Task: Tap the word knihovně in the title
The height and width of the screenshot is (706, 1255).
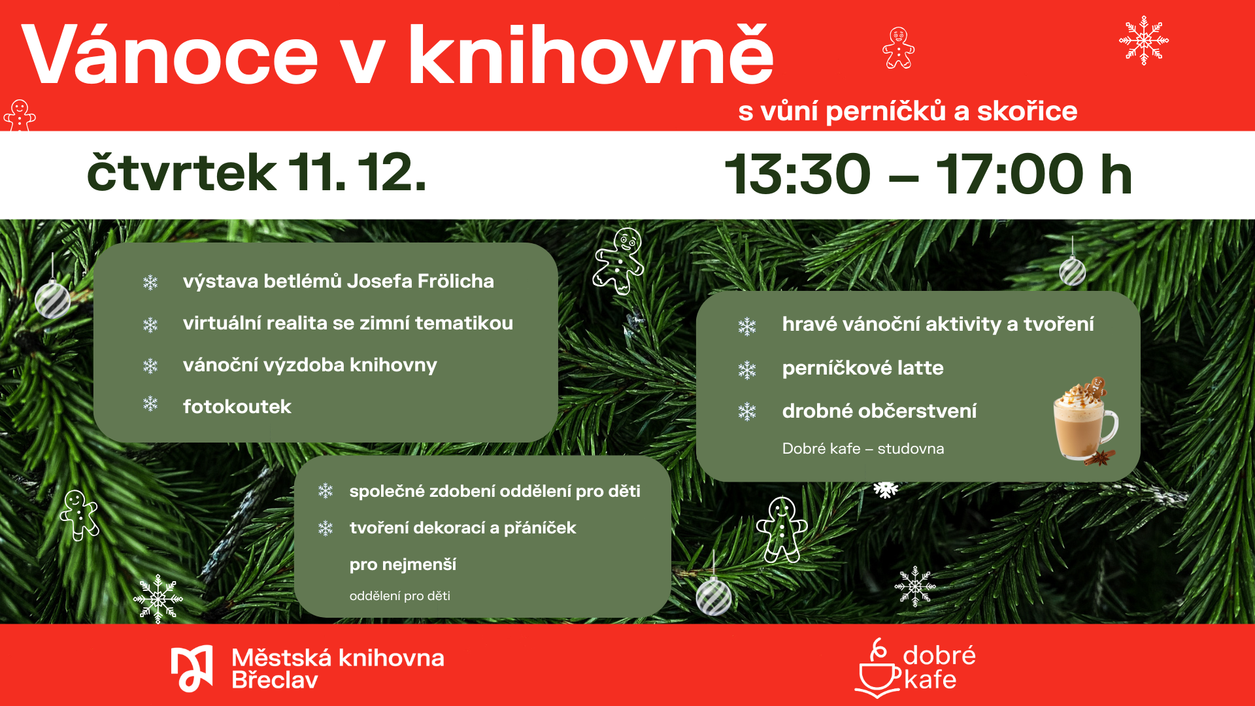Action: [x=591, y=54]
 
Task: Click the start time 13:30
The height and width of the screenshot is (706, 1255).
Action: [x=797, y=175]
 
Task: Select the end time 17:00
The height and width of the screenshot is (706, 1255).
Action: [x=1010, y=175]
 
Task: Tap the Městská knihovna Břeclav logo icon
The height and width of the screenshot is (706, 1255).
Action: [x=192, y=668]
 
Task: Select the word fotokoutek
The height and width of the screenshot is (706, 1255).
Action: [x=237, y=407]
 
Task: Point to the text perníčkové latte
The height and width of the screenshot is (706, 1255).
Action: [x=863, y=368]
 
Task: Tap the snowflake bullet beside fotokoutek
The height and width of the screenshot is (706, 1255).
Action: [x=150, y=404]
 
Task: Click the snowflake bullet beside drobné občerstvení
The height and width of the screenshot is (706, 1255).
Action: [x=747, y=412]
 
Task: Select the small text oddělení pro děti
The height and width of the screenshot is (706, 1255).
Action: [x=400, y=596]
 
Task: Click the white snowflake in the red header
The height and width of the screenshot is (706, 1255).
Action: [x=1144, y=41]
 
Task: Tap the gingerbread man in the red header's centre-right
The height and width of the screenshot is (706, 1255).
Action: [x=899, y=48]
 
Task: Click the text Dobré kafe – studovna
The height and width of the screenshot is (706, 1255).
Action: [x=863, y=448]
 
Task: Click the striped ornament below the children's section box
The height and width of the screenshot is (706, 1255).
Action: [x=714, y=596]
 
